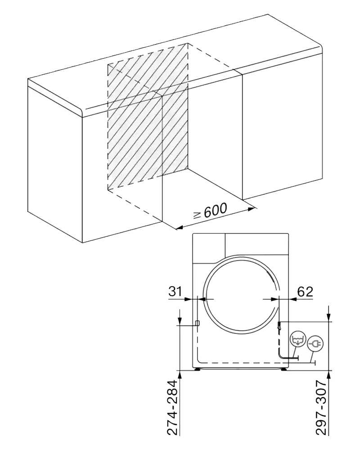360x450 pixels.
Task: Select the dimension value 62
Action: (305, 291)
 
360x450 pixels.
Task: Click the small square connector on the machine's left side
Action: (197, 323)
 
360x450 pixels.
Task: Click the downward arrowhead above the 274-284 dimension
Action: (180, 321)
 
